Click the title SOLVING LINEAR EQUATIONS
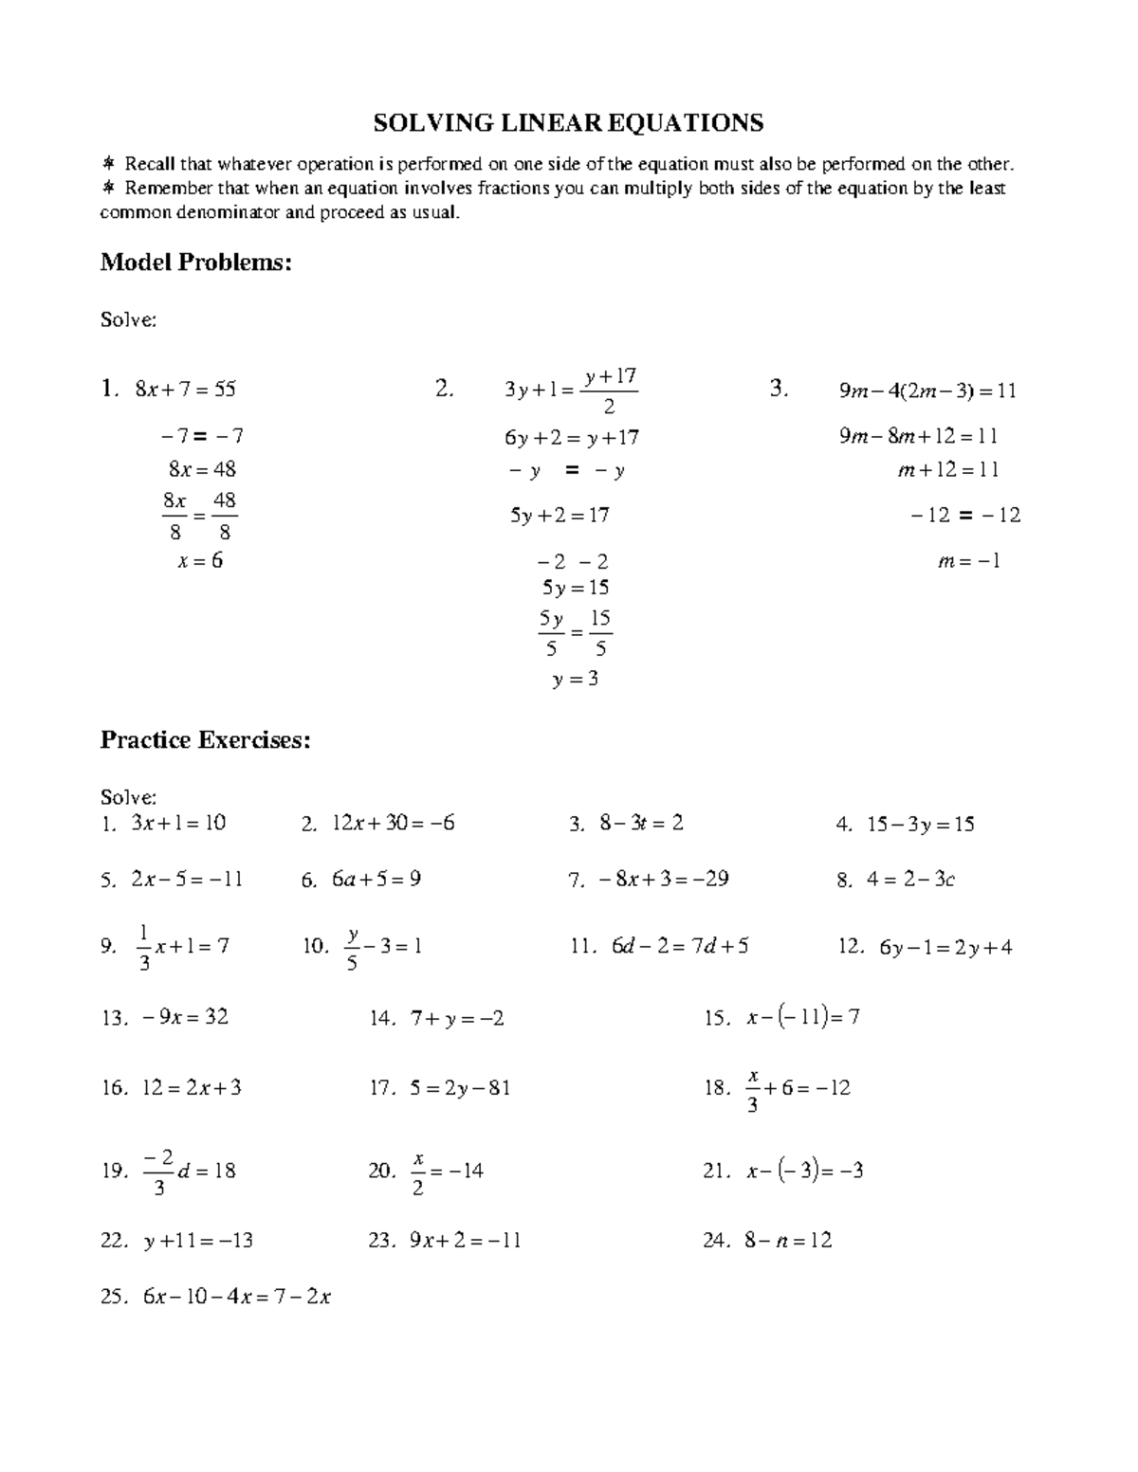(568, 123)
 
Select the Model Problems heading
(195, 263)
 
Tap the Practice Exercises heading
(205, 739)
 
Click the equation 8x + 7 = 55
(186, 389)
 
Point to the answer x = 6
(200, 560)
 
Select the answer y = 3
(575, 679)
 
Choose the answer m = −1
(969, 560)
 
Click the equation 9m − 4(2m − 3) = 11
(927, 391)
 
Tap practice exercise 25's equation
(236, 1297)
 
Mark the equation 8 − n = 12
(788, 1240)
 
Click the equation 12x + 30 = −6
(393, 824)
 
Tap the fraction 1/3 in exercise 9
(144, 948)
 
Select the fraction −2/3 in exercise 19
(158, 1172)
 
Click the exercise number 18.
(716, 1088)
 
